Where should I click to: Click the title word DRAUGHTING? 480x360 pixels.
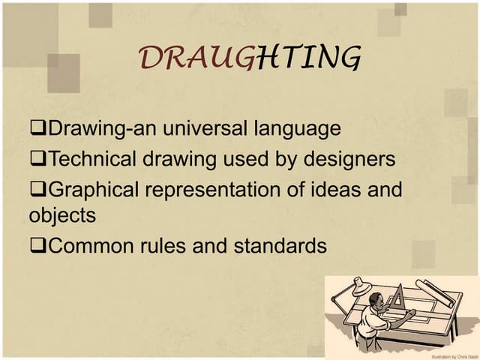pyautogui.click(x=250, y=58)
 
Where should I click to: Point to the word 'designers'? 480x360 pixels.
pyautogui.click(x=349, y=159)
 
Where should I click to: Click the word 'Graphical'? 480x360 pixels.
pyautogui.click(x=95, y=190)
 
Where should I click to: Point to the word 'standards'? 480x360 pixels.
pyautogui.click(x=281, y=245)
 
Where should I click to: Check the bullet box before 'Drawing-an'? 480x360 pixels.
pyautogui.click(x=39, y=129)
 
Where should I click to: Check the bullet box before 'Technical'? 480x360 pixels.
pyautogui.click(x=39, y=160)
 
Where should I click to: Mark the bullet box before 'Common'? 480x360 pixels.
pyautogui.click(x=39, y=246)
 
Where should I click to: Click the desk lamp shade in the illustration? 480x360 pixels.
pyautogui.click(x=360, y=284)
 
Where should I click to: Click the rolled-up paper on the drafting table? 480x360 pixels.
pyautogui.click(x=436, y=292)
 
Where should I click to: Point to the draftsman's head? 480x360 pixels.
pyautogui.click(x=374, y=301)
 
